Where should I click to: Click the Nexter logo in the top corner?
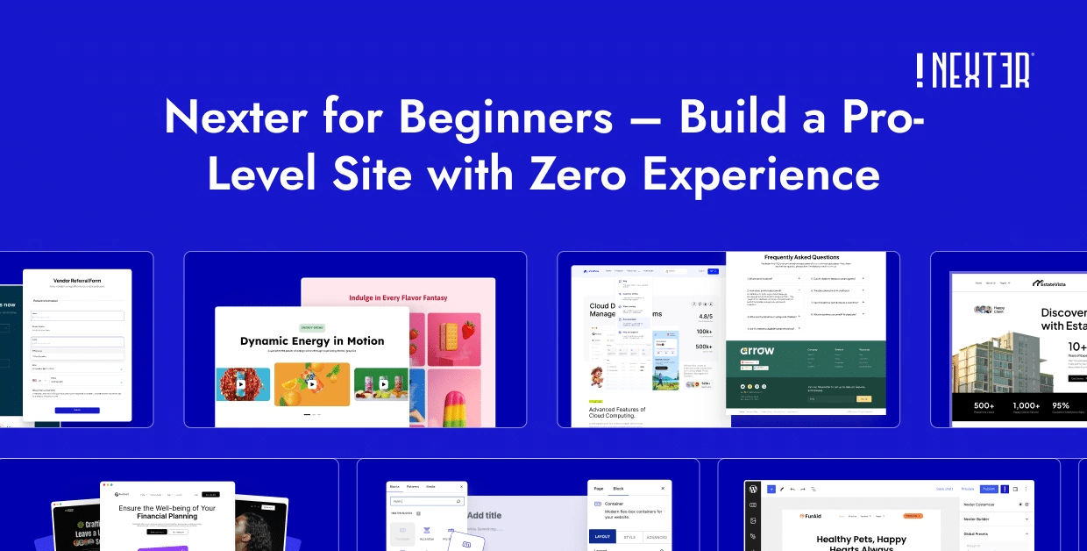pyautogui.click(x=974, y=70)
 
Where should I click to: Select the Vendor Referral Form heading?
pyautogui.click(x=77, y=281)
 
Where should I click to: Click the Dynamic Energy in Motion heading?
pyautogui.click(x=312, y=340)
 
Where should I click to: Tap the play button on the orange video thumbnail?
pyautogui.click(x=312, y=384)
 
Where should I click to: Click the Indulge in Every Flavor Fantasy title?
pyautogui.click(x=398, y=297)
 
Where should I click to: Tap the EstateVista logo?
pyautogui.click(x=1059, y=283)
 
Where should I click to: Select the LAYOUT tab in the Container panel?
pyautogui.click(x=602, y=537)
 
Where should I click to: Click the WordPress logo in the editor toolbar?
pyautogui.click(x=752, y=489)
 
